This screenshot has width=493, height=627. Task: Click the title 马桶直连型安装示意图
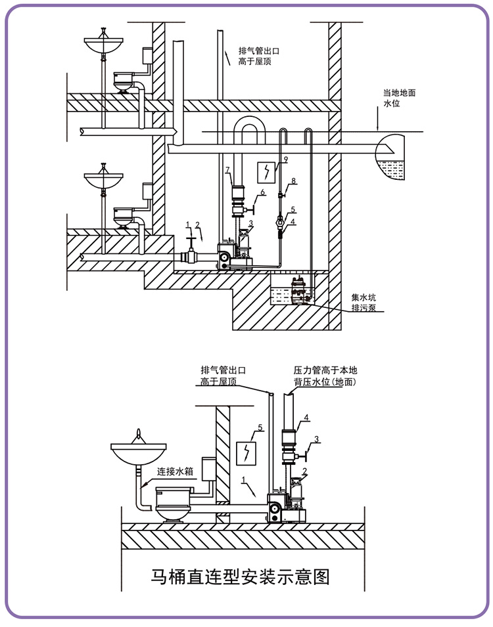(x=241, y=577)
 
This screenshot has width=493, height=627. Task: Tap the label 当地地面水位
(x=399, y=98)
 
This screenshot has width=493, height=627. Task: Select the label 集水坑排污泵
(x=364, y=303)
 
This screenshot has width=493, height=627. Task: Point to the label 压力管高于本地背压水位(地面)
(x=325, y=376)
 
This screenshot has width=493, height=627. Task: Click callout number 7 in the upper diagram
(x=227, y=170)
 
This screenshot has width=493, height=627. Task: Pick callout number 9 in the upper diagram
(x=285, y=159)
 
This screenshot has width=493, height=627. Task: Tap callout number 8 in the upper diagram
(x=294, y=181)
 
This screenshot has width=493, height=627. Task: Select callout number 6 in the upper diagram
(x=263, y=192)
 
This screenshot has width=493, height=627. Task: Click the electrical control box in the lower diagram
(x=246, y=454)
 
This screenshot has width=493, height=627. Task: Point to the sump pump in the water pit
(x=299, y=291)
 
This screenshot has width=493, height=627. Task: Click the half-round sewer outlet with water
(x=390, y=157)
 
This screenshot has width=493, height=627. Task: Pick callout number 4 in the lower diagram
(x=306, y=418)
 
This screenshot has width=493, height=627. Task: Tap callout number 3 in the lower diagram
(x=316, y=439)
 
